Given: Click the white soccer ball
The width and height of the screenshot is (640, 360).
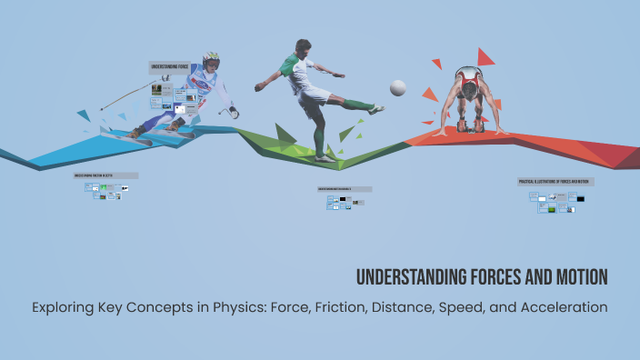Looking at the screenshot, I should [x=397, y=87].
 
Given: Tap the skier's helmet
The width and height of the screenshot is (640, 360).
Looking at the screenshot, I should [x=211, y=59].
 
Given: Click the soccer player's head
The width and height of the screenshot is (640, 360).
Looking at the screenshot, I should [x=304, y=48].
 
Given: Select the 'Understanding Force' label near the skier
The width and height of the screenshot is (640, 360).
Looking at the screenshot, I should [x=169, y=67].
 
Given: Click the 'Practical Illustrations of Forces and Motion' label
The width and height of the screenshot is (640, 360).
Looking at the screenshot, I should [x=555, y=182].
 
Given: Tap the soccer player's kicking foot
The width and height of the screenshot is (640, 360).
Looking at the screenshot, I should [x=375, y=109].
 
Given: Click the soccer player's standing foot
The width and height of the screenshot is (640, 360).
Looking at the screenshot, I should [x=325, y=157].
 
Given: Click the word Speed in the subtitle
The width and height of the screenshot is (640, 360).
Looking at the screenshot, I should [x=473, y=306].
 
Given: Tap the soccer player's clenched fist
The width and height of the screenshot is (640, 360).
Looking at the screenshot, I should [x=260, y=87].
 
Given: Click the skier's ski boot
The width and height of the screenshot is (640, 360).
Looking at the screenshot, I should [x=135, y=133].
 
